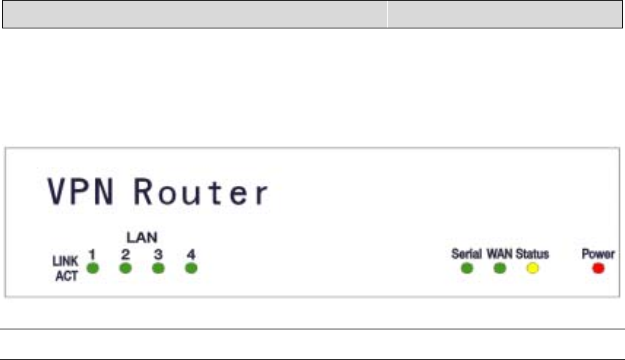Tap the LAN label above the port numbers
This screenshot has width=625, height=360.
142,238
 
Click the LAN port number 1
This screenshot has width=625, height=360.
93,254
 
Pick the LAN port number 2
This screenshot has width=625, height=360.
125,254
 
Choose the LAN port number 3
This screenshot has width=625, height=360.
158,254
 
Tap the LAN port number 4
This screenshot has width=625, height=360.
190,254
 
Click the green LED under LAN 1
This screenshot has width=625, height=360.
93,268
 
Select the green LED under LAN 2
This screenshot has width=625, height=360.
125,268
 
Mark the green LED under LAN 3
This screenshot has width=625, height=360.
158,268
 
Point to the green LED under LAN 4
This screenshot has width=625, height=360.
190,268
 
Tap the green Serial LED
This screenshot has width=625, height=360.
467,268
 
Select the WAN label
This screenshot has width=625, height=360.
500,254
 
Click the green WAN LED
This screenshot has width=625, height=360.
500,268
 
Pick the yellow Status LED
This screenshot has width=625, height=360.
532,268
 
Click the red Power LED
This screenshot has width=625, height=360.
599,268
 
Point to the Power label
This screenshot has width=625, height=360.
598,254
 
